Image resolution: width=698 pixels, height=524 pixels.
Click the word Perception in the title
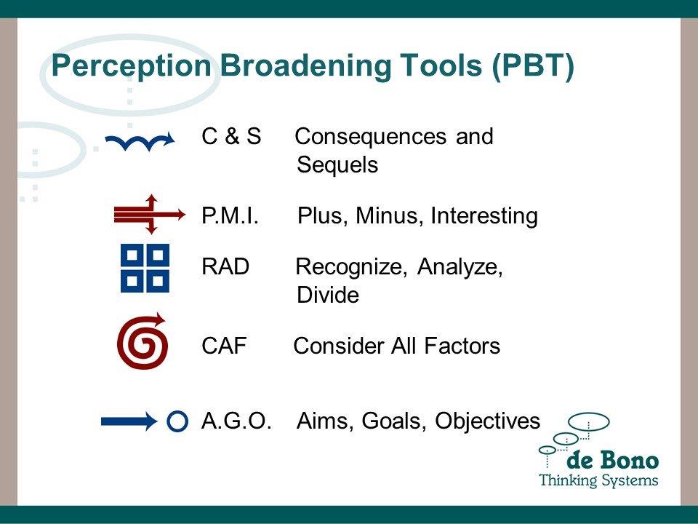click(132, 66)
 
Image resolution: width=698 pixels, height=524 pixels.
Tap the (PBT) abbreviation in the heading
click(533, 66)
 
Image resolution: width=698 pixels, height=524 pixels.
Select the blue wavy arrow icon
click(140, 142)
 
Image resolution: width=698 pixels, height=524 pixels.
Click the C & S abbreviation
click(231, 136)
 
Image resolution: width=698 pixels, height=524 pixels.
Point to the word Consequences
click(370, 136)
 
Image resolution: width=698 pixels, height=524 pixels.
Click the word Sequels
click(337, 165)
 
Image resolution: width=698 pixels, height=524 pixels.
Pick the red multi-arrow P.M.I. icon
click(150, 214)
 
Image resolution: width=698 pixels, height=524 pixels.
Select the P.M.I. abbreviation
click(230, 215)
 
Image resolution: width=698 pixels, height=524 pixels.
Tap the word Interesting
click(484, 215)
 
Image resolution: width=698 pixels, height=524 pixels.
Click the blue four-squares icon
click(145, 268)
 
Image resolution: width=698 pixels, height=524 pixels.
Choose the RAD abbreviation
click(225, 267)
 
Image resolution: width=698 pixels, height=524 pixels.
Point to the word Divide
click(328, 295)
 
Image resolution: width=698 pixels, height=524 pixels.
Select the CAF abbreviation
click(224, 346)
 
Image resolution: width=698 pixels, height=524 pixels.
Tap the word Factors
click(462, 346)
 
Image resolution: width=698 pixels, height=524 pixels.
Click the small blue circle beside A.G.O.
click(177, 421)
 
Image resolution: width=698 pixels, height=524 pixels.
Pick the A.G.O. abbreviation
click(236, 421)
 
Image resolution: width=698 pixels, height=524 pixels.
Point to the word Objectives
click(487, 421)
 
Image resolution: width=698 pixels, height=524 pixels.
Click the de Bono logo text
click(612, 461)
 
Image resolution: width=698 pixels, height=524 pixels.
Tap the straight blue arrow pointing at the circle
click(129, 421)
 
